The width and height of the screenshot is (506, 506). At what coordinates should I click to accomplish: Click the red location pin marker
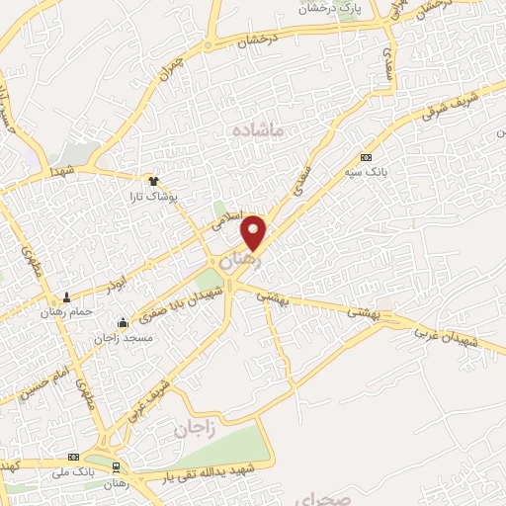click(255, 232)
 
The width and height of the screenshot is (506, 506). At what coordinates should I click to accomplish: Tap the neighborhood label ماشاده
click(259, 129)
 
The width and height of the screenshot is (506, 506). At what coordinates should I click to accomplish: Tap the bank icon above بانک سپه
click(366, 157)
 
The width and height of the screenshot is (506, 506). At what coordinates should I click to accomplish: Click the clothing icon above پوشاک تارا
click(153, 181)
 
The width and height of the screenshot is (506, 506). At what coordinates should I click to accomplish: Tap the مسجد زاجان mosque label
click(121, 337)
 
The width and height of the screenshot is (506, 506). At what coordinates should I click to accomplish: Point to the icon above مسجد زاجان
click(122, 322)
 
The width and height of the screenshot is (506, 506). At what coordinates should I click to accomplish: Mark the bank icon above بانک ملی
click(73, 458)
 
